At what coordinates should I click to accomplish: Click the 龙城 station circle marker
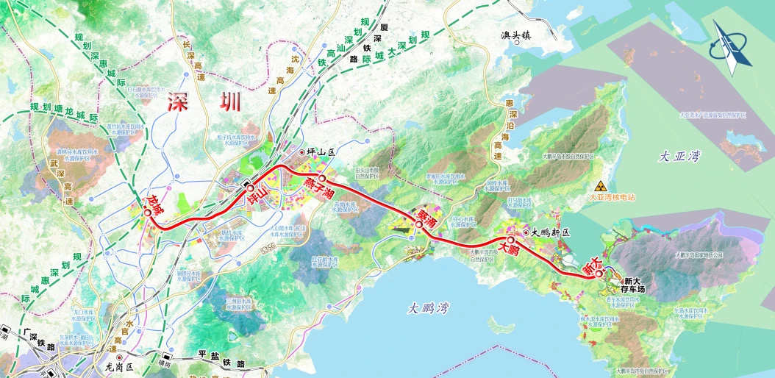pos(148,213)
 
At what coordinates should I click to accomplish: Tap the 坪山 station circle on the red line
pos(250,188)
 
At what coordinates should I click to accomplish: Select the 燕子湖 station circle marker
pos(321,178)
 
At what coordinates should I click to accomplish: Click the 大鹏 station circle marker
pos(510,240)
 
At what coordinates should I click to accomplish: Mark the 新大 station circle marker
pos(599,274)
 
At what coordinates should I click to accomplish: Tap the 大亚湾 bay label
pos(677,157)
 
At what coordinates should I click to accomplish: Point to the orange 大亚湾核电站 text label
pos(612,197)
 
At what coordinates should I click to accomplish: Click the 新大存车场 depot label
pos(635,285)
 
